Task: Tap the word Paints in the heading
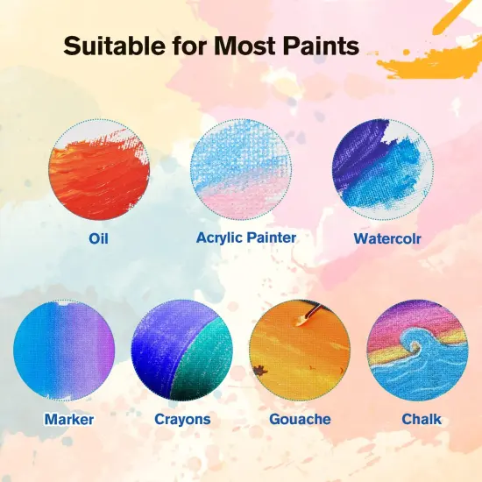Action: pyautogui.click(x=316, y=45)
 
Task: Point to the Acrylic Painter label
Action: pyautogui.click(x=246, y=237)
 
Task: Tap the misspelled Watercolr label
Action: pyautogui.click(x=386, y=238)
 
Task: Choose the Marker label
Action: pyautogui.click(x=68, y=419)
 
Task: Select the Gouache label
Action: pyautogui.click(x=300, y=419)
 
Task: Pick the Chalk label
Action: pyautogui.click(x=422, y=419)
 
